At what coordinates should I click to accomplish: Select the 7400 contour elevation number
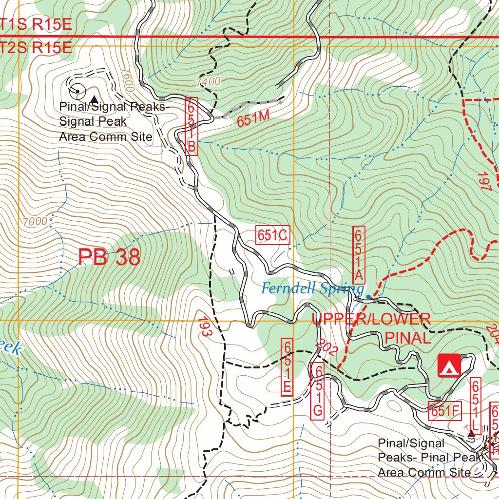[x=208, y=82]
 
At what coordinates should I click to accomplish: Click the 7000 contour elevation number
[x=35, y=222]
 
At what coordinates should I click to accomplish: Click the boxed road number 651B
[x=192, y=127]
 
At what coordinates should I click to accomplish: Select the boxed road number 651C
[x=272, y=236]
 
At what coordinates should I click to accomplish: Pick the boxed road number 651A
[x=358, y=255]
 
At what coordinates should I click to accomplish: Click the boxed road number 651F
[x=444, y=411]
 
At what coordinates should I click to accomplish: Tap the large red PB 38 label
[x=109, y=257]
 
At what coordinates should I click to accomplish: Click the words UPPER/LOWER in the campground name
[x=371, y=320]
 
